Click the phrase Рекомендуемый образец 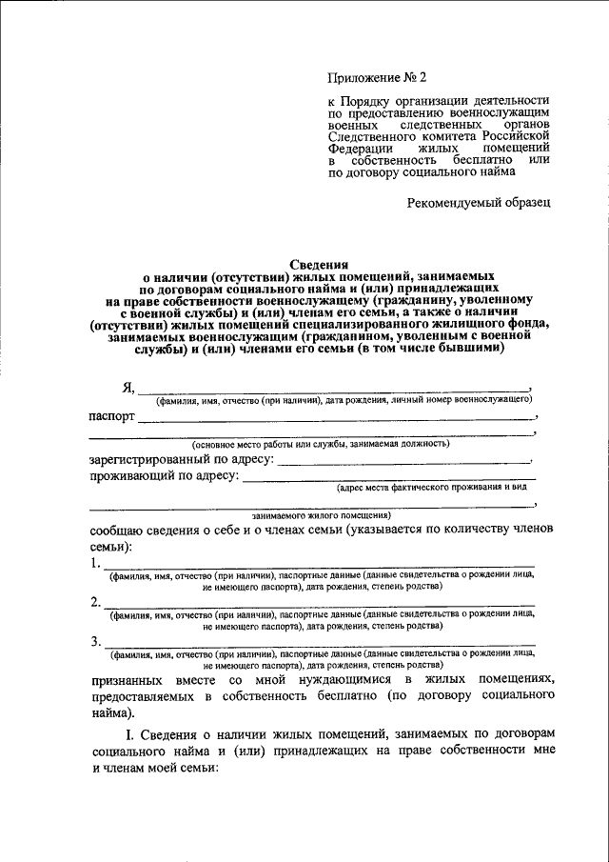(478, 202)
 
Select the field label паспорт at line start (112, 416)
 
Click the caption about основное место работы (321, 444)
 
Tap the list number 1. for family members (95, 563)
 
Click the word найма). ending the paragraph (113, 712)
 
